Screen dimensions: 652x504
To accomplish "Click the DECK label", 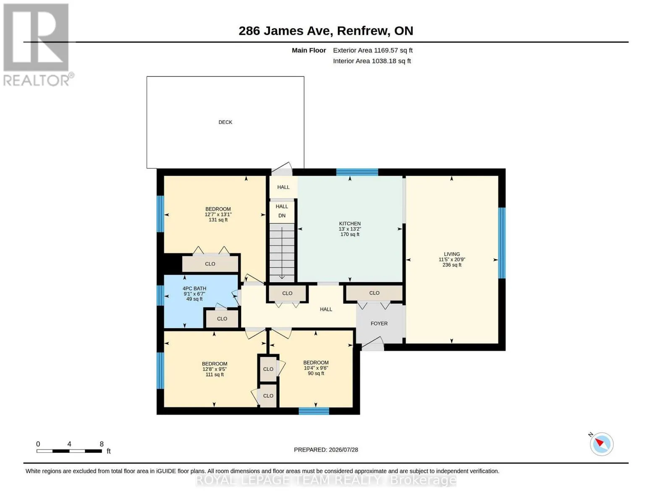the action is click(225, 122).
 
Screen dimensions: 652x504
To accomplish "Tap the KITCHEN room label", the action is click(350, 223).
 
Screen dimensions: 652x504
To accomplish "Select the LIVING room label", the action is click(452, 254).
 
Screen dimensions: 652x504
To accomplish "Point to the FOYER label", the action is click(379, 323).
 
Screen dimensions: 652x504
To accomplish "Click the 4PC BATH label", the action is click(194, 289).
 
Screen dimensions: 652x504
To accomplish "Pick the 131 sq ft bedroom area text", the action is click(218, 220).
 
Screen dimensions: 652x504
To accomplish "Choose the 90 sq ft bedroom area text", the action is click(316, 373).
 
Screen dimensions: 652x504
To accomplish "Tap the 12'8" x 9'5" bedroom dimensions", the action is click(215, 369).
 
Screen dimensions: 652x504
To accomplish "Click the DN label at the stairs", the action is click(282, 215).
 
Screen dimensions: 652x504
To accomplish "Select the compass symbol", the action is click(601, 444).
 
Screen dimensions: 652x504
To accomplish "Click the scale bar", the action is click(69, 451).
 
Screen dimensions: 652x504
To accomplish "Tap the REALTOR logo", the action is click(37, 45).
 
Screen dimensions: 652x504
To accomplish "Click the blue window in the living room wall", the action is click(502, 243).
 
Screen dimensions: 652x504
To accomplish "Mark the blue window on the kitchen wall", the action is click(357, 172).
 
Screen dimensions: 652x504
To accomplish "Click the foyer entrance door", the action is click(372, 344).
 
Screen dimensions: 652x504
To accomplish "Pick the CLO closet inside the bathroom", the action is click(222, 318).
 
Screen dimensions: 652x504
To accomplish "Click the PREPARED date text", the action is click(326, 450).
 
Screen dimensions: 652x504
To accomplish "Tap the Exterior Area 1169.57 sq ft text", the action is click(373, 50).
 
